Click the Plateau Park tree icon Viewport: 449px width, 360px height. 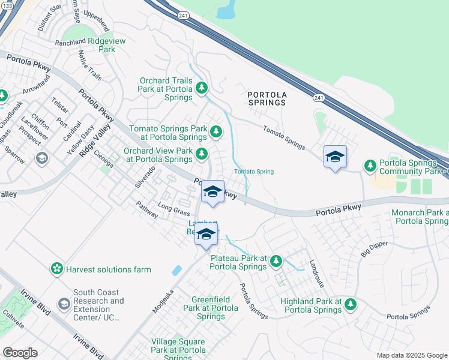pyautogui.click(x=276, y=260)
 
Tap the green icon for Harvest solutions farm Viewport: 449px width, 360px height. pyautogui.click(x=57, y=269)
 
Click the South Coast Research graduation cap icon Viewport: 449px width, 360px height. pyautogui.click(x=64, y=305)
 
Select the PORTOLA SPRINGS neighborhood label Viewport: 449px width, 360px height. pyautogui.click(x=267, y=98)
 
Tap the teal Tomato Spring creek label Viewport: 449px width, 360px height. pyautogui.click(x=254, y=172)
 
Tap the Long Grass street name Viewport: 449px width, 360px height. pyautogui.click(x=173, y=210)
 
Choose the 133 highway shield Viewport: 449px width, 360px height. pyautogui.click(x=7, y=4)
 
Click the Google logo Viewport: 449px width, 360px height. pyautogui.click(x=20, y=352)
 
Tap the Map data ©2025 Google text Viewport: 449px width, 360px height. pyautogui.click(x=411, y=355)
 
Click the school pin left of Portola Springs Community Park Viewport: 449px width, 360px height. pyautogui.click(x=335, y=158)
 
